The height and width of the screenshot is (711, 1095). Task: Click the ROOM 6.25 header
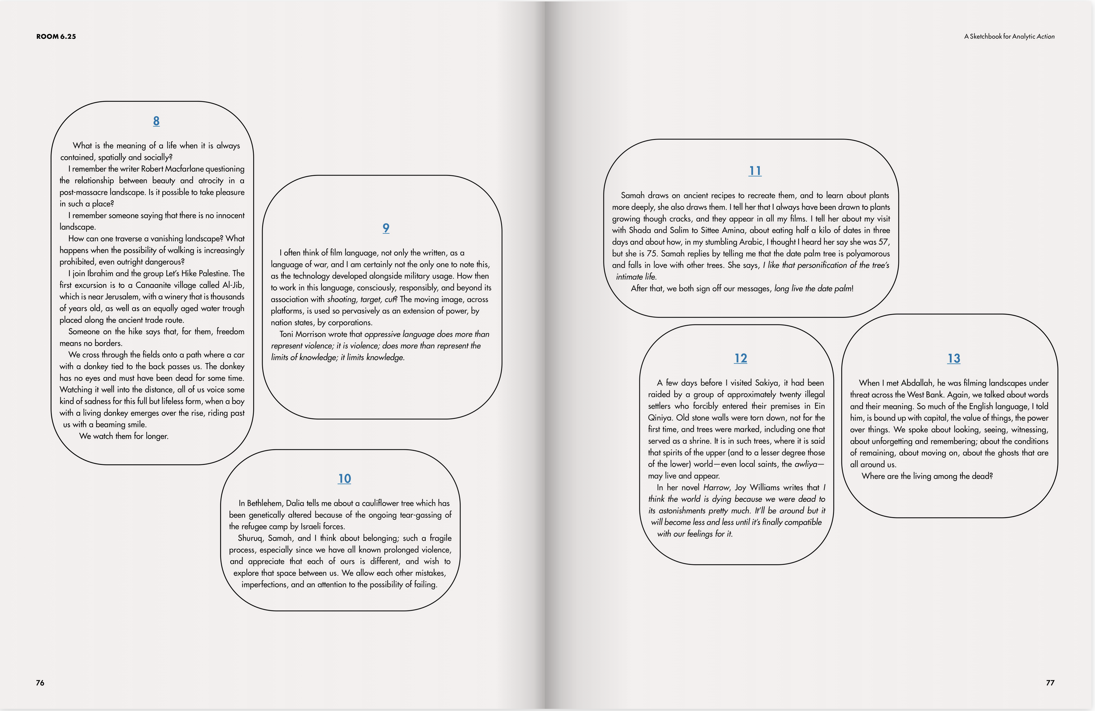tap(56, 36)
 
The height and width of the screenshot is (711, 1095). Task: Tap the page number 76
tap(40, 683)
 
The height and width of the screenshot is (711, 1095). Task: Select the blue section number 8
tap(156, 121)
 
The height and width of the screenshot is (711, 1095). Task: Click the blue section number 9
tap(386, 228)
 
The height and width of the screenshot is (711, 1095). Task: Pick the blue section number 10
tap(344, 478)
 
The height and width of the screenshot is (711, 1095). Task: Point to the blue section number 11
tap(755, 171)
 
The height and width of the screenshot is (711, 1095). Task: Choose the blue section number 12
tap(740, 358)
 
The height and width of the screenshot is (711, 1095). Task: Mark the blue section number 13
tap(954, 358)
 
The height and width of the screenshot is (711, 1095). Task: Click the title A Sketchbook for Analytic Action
tap(1009, 36)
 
